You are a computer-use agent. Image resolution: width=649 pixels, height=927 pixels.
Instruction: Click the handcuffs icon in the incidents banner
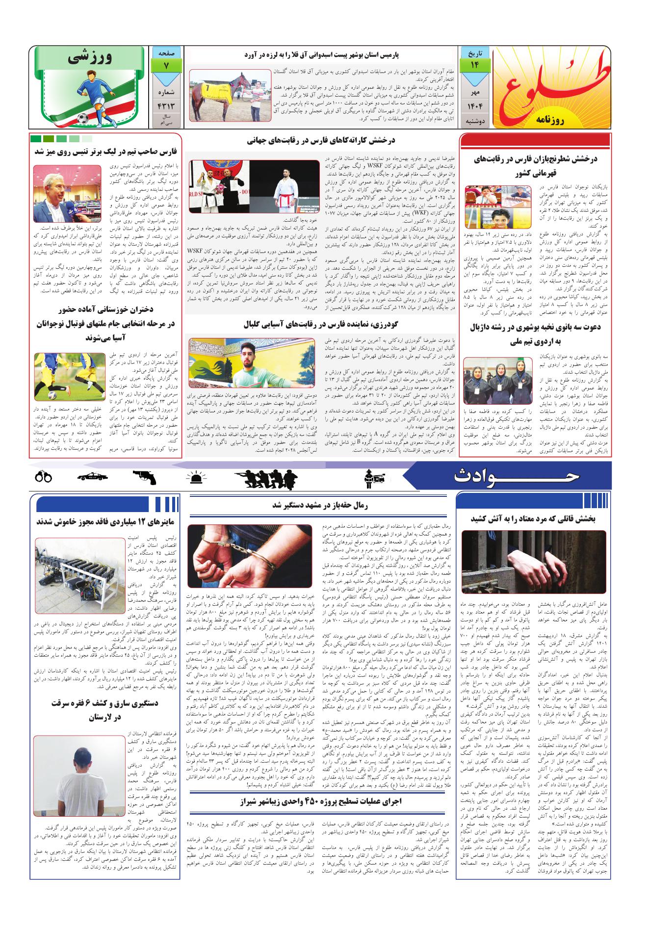(43, 477)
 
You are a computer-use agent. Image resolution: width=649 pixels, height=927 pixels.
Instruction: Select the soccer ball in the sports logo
(82, 118)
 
